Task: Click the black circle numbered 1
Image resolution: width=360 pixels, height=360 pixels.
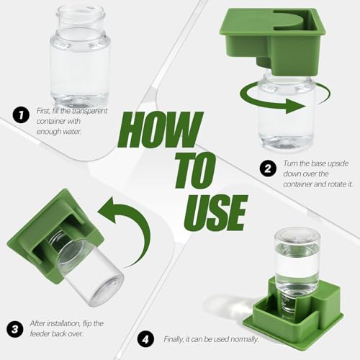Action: coord(21,115)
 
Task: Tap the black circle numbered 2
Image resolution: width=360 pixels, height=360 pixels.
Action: coord(268,168)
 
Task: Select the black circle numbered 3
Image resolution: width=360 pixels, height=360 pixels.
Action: coord(15,329)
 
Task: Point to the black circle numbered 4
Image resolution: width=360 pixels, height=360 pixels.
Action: coord(146,340)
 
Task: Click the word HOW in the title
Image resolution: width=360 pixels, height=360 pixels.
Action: coord(161,130)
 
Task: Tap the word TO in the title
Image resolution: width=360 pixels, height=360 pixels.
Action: coord(195,170)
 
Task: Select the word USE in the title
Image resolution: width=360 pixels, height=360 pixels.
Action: coord(215,212)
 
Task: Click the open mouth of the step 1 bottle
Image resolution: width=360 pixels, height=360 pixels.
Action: coord(81,11)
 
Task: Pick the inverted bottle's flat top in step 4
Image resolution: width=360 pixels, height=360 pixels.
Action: coord(297,236)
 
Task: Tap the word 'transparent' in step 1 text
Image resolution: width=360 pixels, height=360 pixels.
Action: coord(89,111)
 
